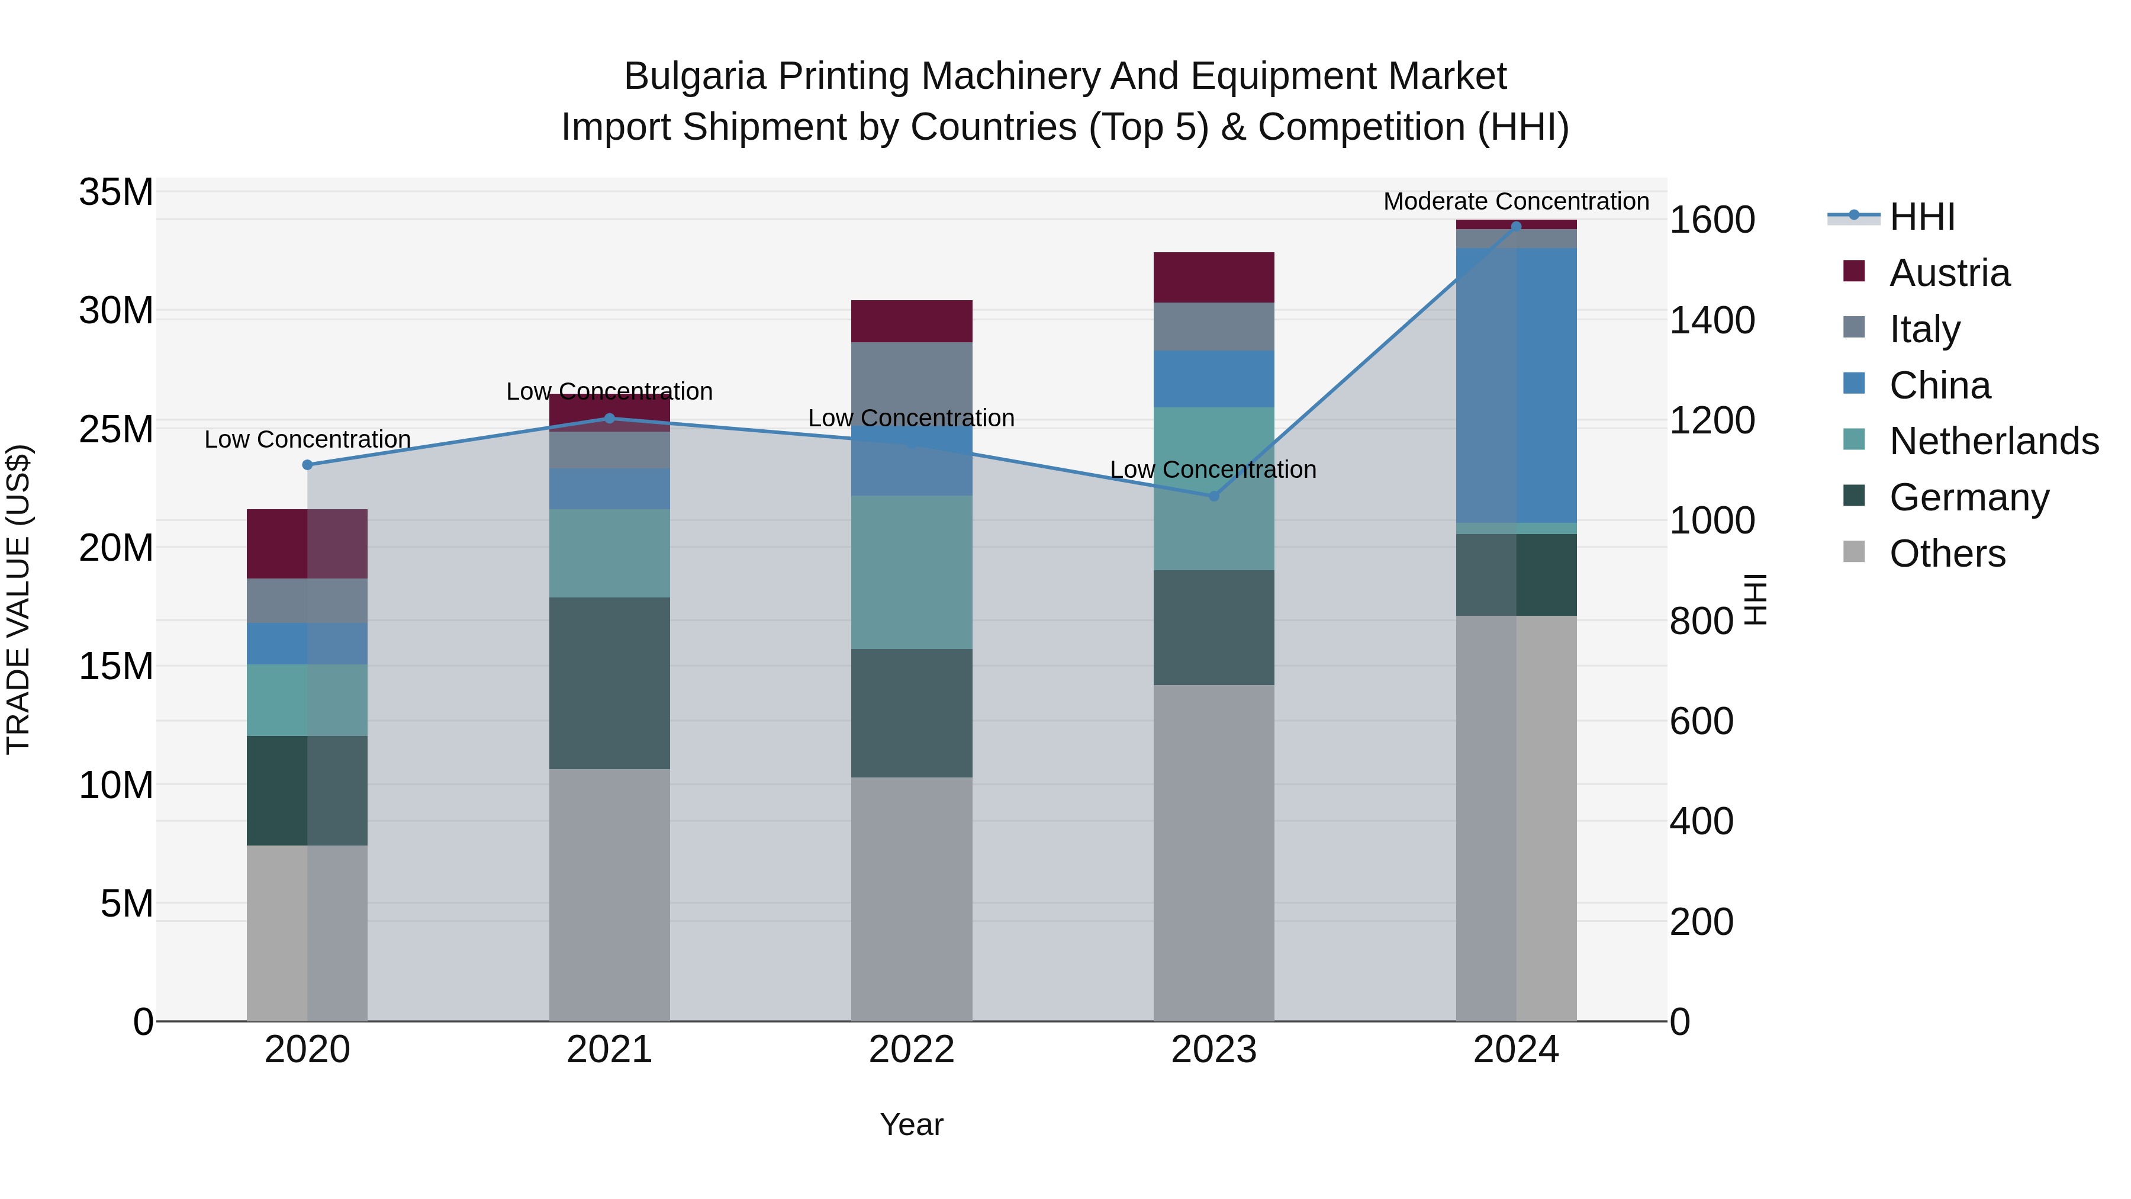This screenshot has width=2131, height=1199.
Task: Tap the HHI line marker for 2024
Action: click(1515, 227)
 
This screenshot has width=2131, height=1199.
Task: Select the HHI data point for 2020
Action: click(307, 465)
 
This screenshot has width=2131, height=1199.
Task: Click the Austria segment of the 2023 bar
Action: click(1213, 277)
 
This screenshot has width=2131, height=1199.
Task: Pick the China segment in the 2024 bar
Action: click(1515, 385)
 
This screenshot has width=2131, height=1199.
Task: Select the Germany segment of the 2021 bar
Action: click(609, 683)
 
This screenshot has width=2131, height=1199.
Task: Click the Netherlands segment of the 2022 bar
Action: click(911, 572)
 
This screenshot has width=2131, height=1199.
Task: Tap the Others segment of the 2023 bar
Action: click(1213, 852)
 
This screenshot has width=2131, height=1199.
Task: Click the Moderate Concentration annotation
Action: click(1515, 201)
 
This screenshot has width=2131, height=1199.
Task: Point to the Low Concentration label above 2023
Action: click(1213, 469)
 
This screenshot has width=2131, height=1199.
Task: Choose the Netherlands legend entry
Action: click(1994, 441)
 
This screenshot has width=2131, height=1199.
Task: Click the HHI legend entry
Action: click(1921, 217)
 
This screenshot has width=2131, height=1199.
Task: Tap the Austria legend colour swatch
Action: click(1854, 271)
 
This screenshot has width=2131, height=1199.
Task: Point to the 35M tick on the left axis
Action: click(116, 192)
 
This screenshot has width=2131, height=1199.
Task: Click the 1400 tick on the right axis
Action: click(1711, 320)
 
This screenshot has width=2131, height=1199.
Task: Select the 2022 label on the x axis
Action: click(911, 1050)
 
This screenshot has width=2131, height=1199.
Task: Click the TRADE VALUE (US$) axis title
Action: click(18, 599)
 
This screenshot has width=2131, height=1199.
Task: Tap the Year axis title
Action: click(911, 1124)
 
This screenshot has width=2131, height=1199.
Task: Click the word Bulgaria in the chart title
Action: click(695, 76)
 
